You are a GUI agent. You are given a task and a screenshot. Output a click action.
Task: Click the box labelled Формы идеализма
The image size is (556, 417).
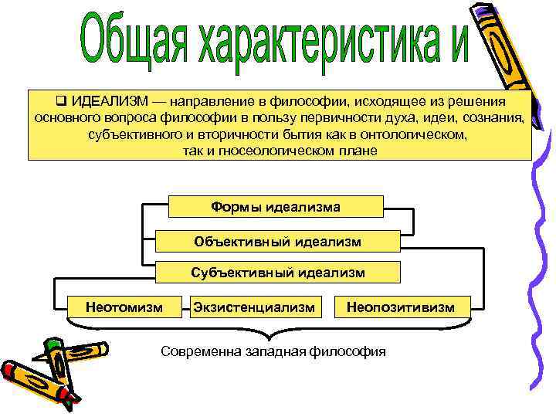point(276,207)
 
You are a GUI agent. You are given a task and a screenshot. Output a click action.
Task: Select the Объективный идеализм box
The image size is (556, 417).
point(277,241)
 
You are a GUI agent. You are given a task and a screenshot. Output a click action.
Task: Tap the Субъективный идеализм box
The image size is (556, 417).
point(278,273)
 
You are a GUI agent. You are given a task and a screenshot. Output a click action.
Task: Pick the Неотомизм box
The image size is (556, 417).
point(124,307)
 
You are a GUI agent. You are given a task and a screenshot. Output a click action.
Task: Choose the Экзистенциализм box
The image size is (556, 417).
point(255,307)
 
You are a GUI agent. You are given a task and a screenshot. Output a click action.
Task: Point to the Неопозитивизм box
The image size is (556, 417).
point(401,307)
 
